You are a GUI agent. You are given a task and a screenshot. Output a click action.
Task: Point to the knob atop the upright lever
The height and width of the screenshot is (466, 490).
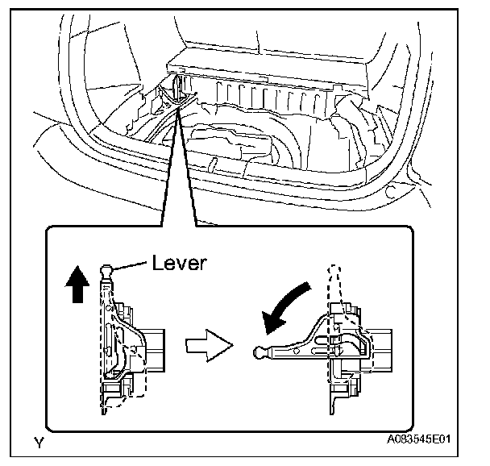coord(107,268)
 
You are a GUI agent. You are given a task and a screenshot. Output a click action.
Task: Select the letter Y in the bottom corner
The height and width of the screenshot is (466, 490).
coord(38,441)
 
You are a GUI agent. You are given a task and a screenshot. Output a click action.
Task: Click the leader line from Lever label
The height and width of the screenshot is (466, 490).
coord(129,265)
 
